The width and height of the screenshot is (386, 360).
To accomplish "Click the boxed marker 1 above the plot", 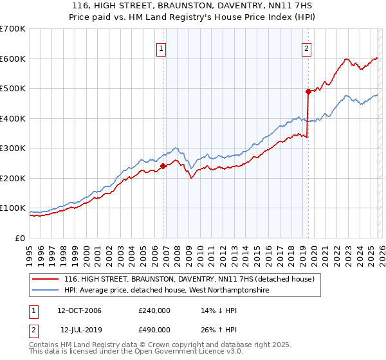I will (x=160, y=48).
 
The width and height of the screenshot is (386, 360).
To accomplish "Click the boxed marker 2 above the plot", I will (x=307, y=48).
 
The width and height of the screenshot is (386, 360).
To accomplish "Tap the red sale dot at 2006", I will (x=163, y=166).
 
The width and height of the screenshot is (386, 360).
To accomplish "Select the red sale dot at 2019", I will (x=308, y=91).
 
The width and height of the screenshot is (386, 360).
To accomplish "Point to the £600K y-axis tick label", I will (x=13, y=59).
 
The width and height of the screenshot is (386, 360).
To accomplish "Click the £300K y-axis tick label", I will (x=13, y=148).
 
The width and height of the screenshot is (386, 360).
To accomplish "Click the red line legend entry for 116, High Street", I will (x=188, y=279).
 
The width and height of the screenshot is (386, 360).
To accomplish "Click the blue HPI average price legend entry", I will (x=166, y=291).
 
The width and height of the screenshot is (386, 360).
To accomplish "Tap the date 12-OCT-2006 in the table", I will (x=79, y=310).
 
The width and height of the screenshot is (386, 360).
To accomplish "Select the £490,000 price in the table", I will (x=154, y=330).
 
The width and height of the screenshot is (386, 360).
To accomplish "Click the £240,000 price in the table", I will (x=154, y=310).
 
